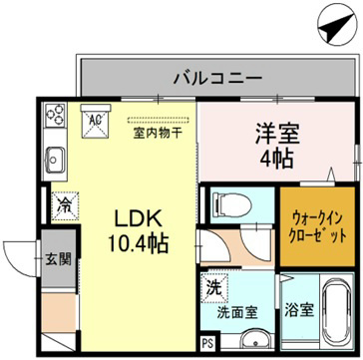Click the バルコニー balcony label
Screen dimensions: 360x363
click(x=216, y=75)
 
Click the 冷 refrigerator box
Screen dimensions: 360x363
click(x=62, y=205)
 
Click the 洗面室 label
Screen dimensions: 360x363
click(x=238, y=310)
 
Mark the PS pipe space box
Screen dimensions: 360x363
click(x=206, y=344)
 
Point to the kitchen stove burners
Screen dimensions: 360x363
click(x=55, y=119)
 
